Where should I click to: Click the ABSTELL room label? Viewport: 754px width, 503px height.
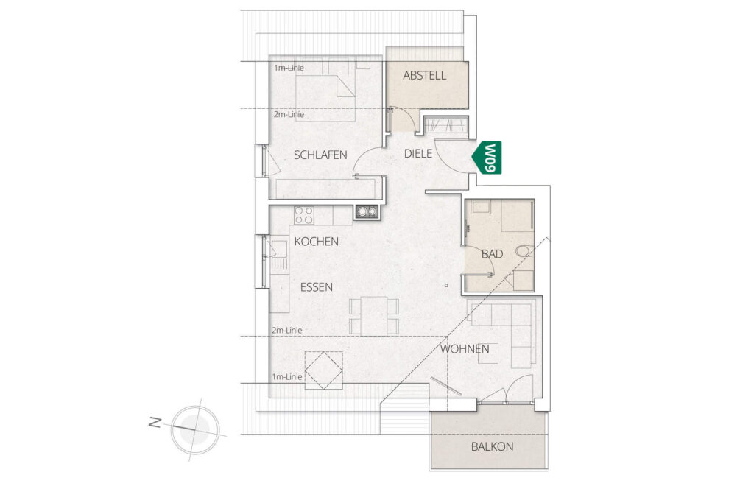tap(425, 75)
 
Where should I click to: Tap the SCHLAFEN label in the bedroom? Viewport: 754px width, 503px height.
tap(320, 155)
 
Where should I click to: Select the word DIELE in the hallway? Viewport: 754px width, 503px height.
tap(418, 153)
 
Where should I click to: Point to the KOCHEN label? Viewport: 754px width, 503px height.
tap(317, 242)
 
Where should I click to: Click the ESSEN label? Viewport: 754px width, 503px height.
tap(317, 287)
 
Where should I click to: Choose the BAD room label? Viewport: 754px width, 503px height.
tap(493, 253)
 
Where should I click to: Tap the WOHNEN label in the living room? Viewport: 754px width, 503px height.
tap(465, 348)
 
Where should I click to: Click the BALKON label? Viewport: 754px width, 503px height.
tap(492, 447)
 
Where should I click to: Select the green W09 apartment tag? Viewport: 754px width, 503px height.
tap(487, 158)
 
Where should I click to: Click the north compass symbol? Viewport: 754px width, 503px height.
tap(194, 429)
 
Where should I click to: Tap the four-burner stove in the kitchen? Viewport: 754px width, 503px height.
tap(304, 215)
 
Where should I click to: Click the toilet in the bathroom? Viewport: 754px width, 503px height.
tap(524, 250)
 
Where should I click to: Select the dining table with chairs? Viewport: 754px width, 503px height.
tap(374, 315)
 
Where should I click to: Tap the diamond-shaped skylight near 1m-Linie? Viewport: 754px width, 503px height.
tap(324, 370)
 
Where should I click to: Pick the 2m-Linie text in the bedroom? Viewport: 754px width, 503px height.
tap(289, 114)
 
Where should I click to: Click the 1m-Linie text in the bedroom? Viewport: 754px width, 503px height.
tap(289, 68)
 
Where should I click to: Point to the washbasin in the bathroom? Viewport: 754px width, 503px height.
tap(481, 208)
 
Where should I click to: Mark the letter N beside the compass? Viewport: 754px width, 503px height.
tap(155, 423)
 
